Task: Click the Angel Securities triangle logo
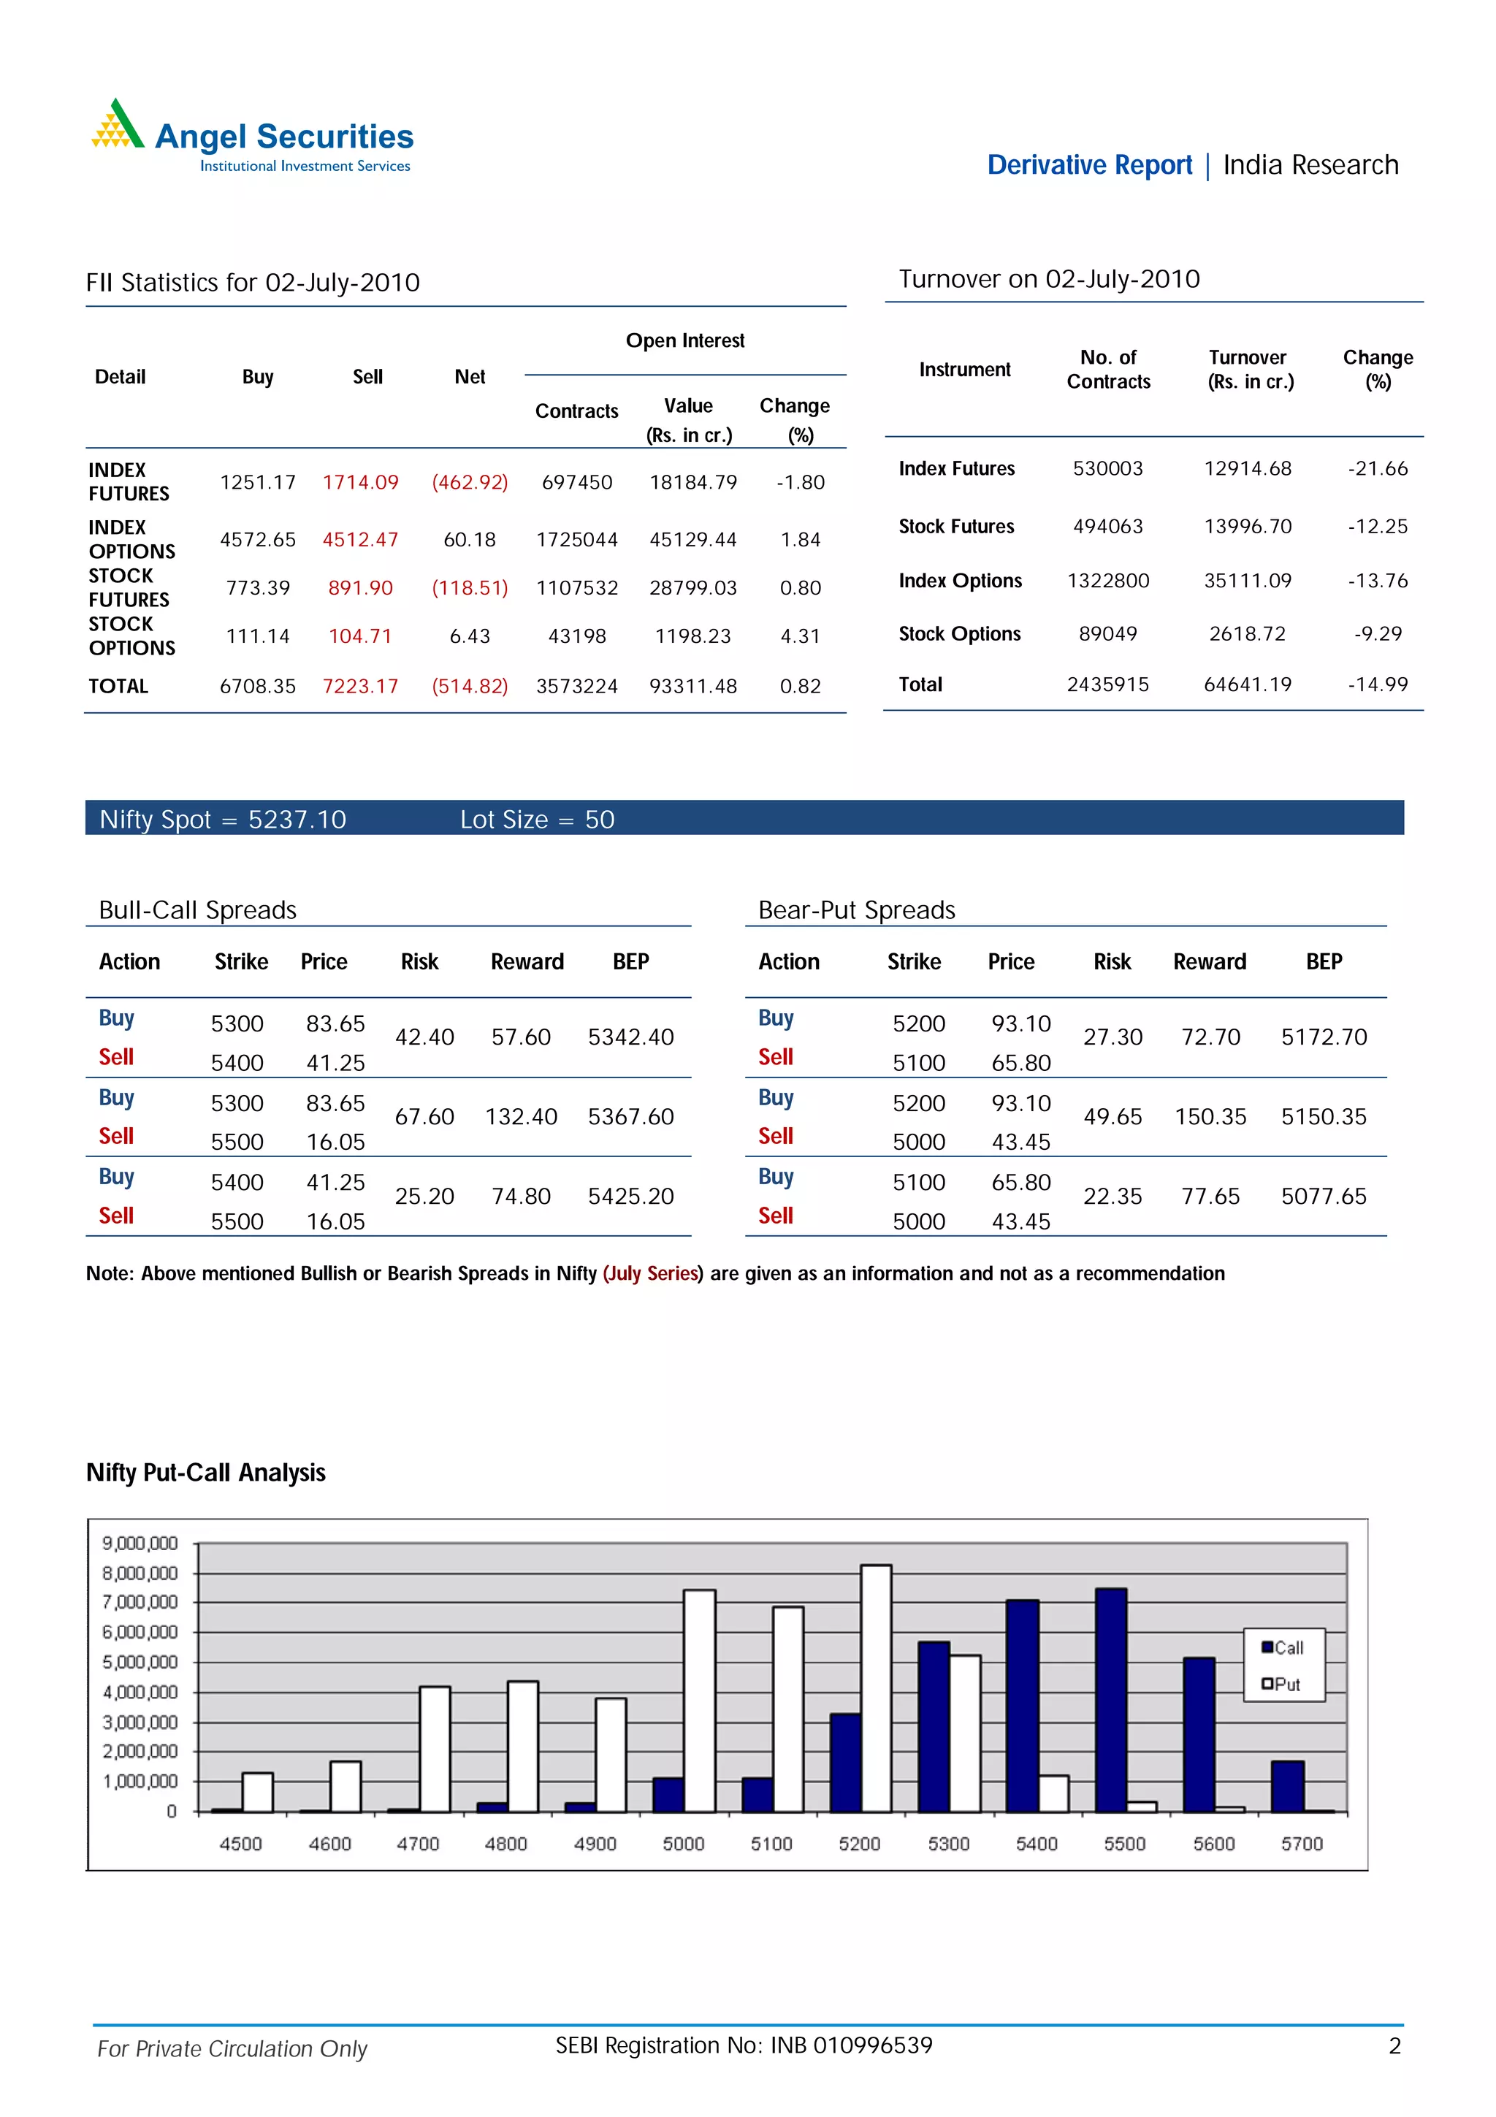[x=117, y=126]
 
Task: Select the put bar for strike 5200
[x=876, y=1687]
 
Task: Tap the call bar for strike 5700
[x=1287, y=1786]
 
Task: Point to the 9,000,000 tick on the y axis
[x=140, y=1544]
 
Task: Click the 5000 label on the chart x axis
[x=683, y=1843]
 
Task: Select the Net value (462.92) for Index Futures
[x=470, y=482]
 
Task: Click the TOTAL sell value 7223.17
[x=360, y=686]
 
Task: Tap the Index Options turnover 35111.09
[x=1247, y=581]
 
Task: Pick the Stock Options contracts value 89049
[x=1108, y=633]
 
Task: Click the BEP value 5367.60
[x=630, y=1117]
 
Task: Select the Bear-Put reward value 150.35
[x=1210, y=1117]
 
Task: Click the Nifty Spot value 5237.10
[x=297, y=820]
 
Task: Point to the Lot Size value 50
[x=599, y=820]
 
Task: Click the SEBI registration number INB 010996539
[x=851, y=2045]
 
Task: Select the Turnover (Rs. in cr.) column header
[x=1250, y=369]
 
